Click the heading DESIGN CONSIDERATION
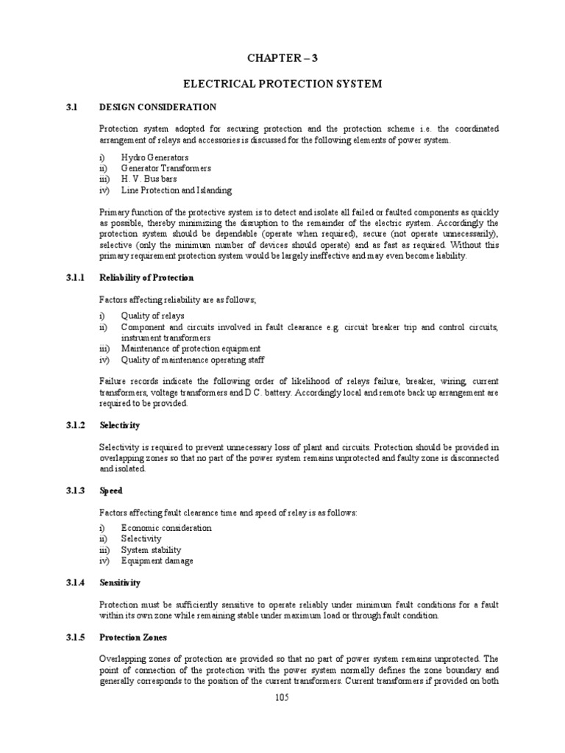coord(157,107)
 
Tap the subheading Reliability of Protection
coord(146,278)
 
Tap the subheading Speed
coord(111,490)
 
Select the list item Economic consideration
coord(167,528)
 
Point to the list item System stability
coord(152,550)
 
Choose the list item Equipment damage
coord(158,561)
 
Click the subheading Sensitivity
coord(119,582)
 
